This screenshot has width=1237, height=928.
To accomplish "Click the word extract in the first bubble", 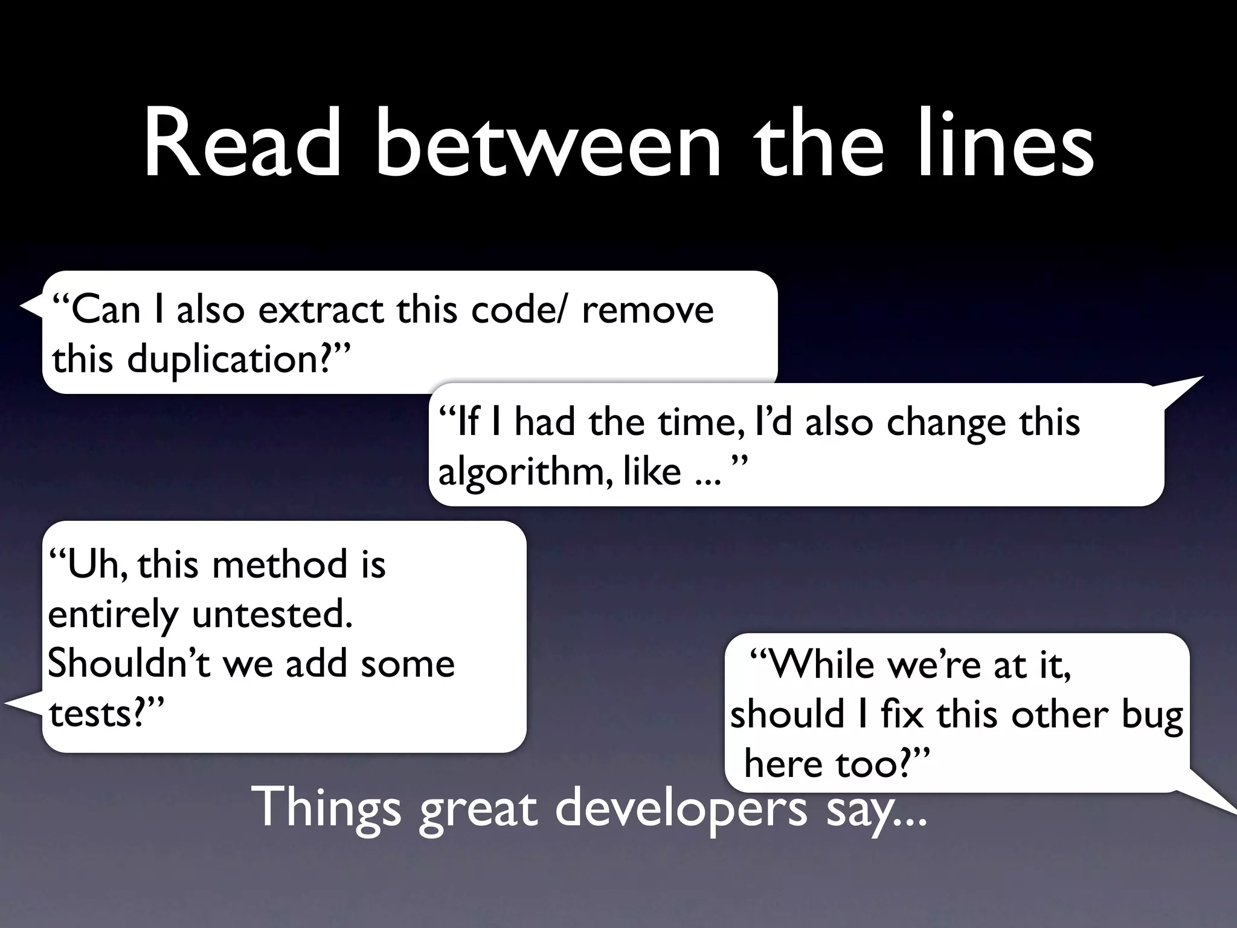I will [320, 310].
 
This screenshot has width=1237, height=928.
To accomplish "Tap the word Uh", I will [94, 565].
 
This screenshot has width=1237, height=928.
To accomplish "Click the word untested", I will [272, 615].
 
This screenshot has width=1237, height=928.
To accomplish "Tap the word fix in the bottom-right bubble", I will [902, 715].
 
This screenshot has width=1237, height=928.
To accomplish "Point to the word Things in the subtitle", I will [329, 808].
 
